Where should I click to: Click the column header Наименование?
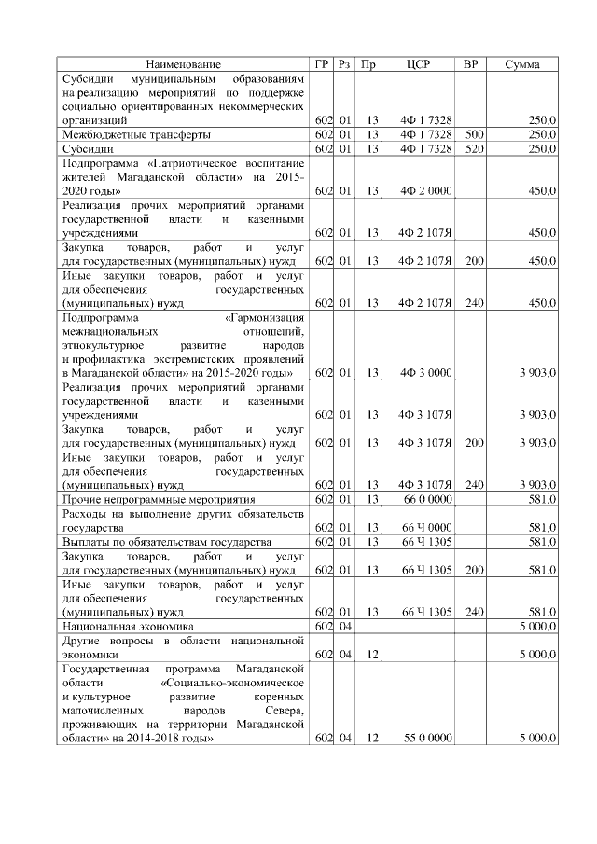pos(184,64)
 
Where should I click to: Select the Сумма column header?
pos(524,64)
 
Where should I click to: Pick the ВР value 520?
pos(473,148)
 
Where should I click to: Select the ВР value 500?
pos(473,134)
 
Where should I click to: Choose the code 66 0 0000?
pos(426,500)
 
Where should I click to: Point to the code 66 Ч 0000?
pos(426,528)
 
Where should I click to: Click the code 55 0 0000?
pos(426,739)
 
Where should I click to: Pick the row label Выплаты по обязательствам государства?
pos(166,542)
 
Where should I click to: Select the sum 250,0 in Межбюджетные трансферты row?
pos(542,134)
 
